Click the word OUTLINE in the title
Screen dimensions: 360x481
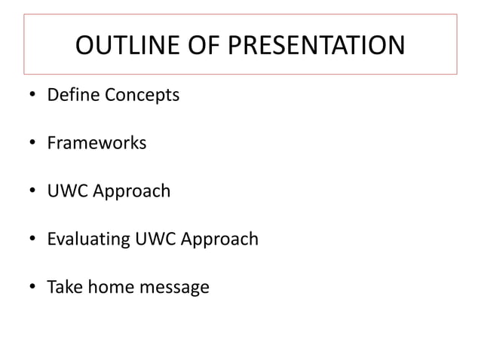pyautogui.click(x=120, y=46)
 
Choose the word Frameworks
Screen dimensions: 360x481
pyautogui.click(x=97, y=142)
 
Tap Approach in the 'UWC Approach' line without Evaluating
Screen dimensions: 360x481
pyautogui.click(x=130, y=192)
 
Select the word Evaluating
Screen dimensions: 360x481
pyautogui.click(x=89, y=240)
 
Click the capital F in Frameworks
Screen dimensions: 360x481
pyautogui.click(x=51, y=142)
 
